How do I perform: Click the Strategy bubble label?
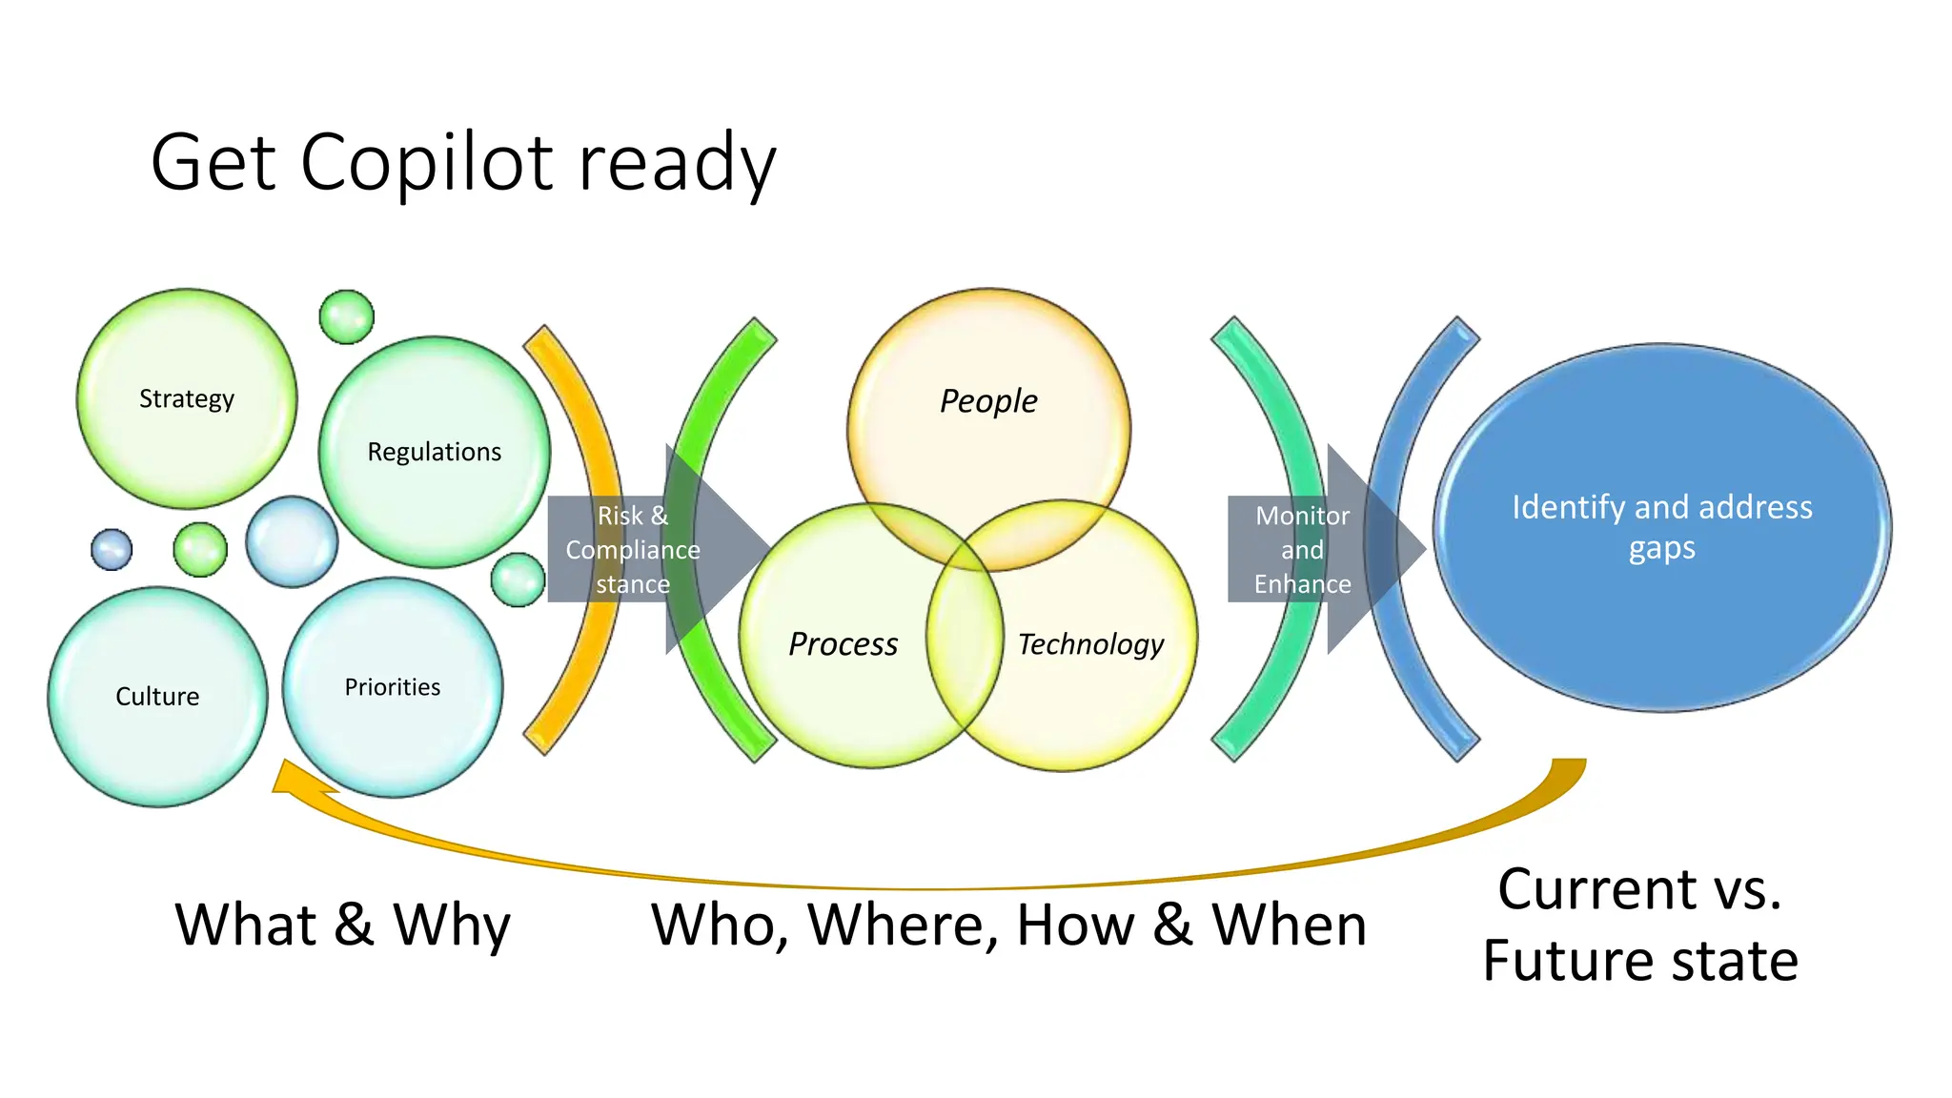pyautogui.click(x=187, y=398)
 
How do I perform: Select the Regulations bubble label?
pyautogui.click(x=434, y=452)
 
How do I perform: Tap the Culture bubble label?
pyautogui.click(x=157, y=697)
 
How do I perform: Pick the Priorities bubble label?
pyautogui.click(x=393, y=687)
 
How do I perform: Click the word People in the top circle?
pyautogui.click(x=988, y=401)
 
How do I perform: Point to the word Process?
pyautogui.click(x=843, y=644)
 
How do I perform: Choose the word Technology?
pyautogui.click(x=1090, y=644)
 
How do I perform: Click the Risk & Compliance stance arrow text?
pyautogui.click(x=633, y=550)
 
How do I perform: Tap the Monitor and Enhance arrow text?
pyautogui.click(x=1302, y=550)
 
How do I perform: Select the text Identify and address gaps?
pyautogui.click(x=1661, y=527)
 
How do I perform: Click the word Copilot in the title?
pyautogui.click(x=426, y=163)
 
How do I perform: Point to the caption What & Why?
pyautogui.click(x=343, y=925)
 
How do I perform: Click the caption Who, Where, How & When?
pyautogui.click(x=1008, y=925)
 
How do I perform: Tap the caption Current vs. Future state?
pyautogui.click(x=1640, y=924)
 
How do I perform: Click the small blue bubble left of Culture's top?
pyautogui.click(x=112, y=550)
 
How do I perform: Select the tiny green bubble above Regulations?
pyautogui.click(x=346, y=317)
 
